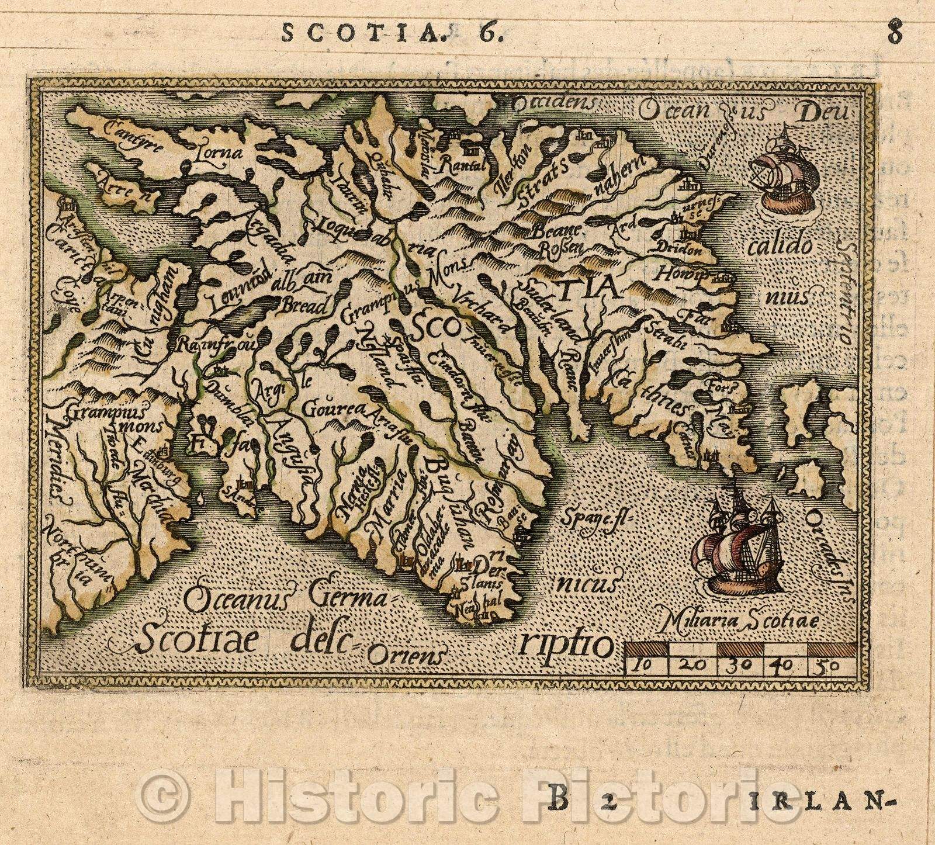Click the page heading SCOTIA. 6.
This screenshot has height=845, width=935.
pos(390,33)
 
